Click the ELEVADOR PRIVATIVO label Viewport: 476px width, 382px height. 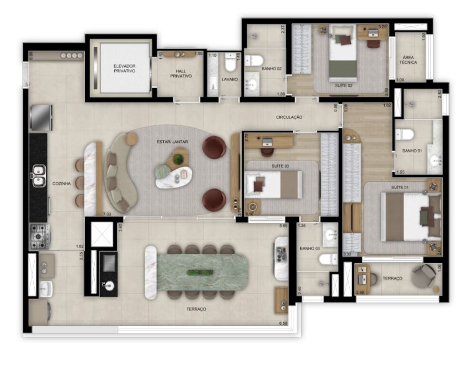(125, 68)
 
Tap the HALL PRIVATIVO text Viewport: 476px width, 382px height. (181, 73)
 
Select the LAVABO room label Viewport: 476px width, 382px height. (229, 79)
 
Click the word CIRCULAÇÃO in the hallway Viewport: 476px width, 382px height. (289, 117)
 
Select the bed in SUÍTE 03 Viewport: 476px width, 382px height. (273, 185)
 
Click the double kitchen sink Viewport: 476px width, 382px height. (39, 175)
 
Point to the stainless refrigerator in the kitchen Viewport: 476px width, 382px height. (40, 117)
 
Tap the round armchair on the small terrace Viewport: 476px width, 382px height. (423, 276)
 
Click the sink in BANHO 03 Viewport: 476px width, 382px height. (330, 234)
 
